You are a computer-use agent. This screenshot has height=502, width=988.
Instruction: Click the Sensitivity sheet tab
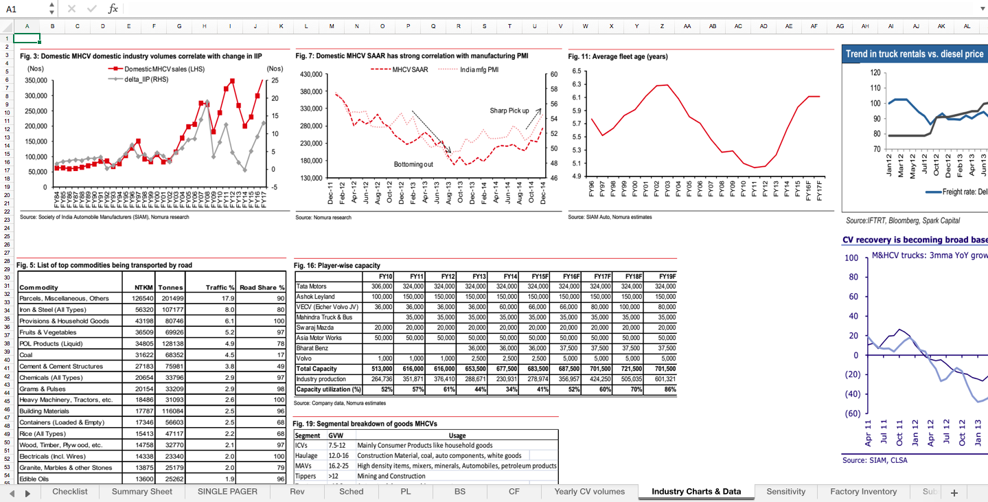pos(785,492)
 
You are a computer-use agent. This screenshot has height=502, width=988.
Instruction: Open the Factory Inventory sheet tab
pos(863,492)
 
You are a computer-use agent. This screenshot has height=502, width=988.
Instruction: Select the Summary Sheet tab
pos(141,492)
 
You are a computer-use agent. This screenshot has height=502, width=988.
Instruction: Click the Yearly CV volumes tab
pos(589,492)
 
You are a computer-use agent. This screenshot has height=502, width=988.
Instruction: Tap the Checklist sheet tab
pos(69,492)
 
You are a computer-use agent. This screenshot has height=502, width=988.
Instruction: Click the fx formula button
pos(113,9)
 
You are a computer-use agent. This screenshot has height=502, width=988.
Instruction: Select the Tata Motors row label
pos(311,286)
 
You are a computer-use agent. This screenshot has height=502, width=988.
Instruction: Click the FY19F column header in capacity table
pos(667,276)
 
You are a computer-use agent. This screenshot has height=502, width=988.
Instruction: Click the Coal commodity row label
pos(27,355)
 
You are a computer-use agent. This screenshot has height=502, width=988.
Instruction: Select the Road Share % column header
pos(262,288)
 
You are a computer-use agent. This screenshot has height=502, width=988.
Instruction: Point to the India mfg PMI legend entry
pos(479,69)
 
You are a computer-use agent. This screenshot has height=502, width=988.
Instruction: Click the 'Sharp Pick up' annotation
pos(509,111)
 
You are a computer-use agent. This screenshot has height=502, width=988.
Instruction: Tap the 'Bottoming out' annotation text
pos(413,165)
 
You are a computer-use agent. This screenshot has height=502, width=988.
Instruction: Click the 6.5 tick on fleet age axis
pos(577,71)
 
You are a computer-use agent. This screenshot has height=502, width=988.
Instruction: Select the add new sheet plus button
pos(954,492)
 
